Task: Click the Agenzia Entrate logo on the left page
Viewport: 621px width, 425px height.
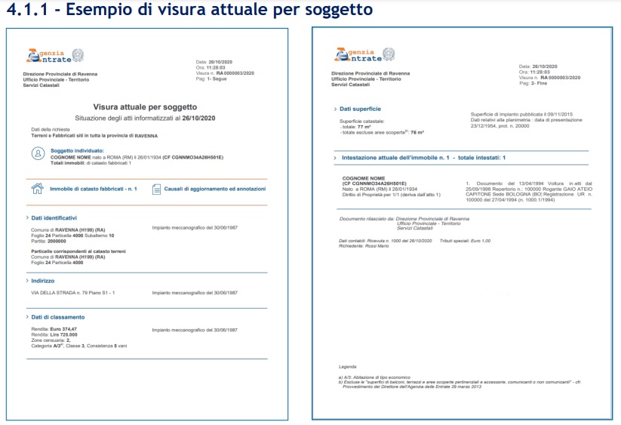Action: [56, 56]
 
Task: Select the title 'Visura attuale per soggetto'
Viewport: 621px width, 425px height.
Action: [144, 108]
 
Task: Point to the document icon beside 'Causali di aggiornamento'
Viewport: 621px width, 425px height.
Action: [156, 189]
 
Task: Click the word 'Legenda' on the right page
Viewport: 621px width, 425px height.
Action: [348, 367]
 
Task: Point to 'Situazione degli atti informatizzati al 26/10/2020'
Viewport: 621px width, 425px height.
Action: [145, 119]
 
